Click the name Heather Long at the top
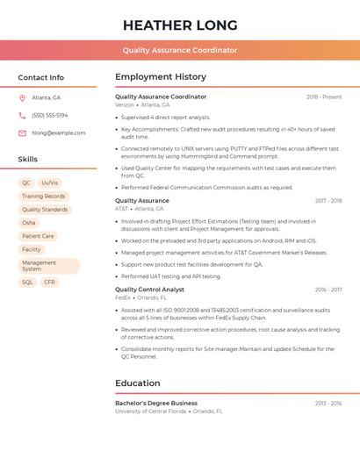[179, 25]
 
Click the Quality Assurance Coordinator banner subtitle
[179, 50]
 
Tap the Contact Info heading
[40, 77]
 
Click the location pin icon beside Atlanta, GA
[22, 97]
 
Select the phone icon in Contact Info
[22, 115]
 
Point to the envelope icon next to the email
[22, 132]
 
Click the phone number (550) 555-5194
[49, 115]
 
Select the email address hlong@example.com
[58, 132]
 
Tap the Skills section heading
[28, 160]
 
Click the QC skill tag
[27, 182]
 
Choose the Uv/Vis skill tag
[50, 182]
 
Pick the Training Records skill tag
[44, 197]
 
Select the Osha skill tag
[29, 223]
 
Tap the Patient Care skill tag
[38, 236]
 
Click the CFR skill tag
[49, 283]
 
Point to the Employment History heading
[161, 77]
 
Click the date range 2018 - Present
[324, 97]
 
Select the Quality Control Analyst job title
[149, 289]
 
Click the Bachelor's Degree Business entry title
[156, 403]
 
